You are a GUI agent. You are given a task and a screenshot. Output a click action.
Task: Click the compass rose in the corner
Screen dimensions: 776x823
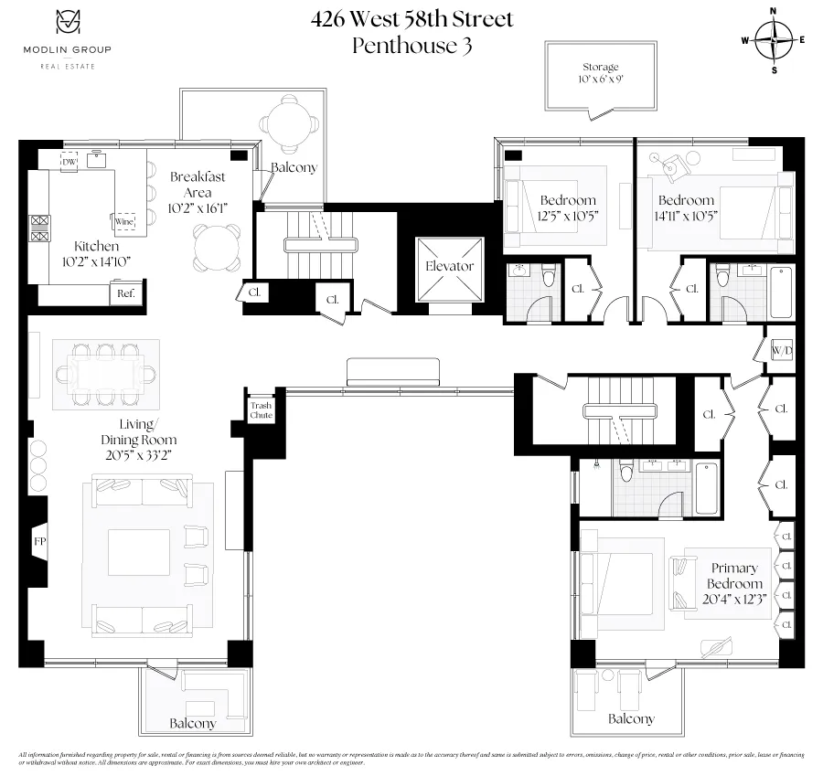click(774, 39)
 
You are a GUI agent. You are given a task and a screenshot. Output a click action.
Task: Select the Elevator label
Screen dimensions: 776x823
click(449, 266)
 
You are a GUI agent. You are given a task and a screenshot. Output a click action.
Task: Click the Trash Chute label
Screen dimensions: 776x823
click(262, 409)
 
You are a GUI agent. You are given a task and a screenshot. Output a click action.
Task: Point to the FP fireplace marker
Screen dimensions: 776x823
click(39, 542)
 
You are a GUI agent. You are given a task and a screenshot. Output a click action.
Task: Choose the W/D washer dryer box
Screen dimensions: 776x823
click(781, 350)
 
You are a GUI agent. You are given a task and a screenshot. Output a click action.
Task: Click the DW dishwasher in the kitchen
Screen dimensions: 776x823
click(69, 162)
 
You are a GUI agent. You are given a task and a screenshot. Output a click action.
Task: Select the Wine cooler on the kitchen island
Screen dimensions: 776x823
click(123, 221)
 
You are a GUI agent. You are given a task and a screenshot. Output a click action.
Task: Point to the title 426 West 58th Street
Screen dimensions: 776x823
click(411, 18)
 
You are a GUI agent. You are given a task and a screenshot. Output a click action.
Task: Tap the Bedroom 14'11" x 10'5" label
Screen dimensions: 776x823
click(686, 208)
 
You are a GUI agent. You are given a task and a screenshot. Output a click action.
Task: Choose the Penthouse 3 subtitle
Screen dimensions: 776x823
click(411, 46)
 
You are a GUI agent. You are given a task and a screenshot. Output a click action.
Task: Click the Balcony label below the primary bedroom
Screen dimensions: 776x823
click(632, 718)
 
